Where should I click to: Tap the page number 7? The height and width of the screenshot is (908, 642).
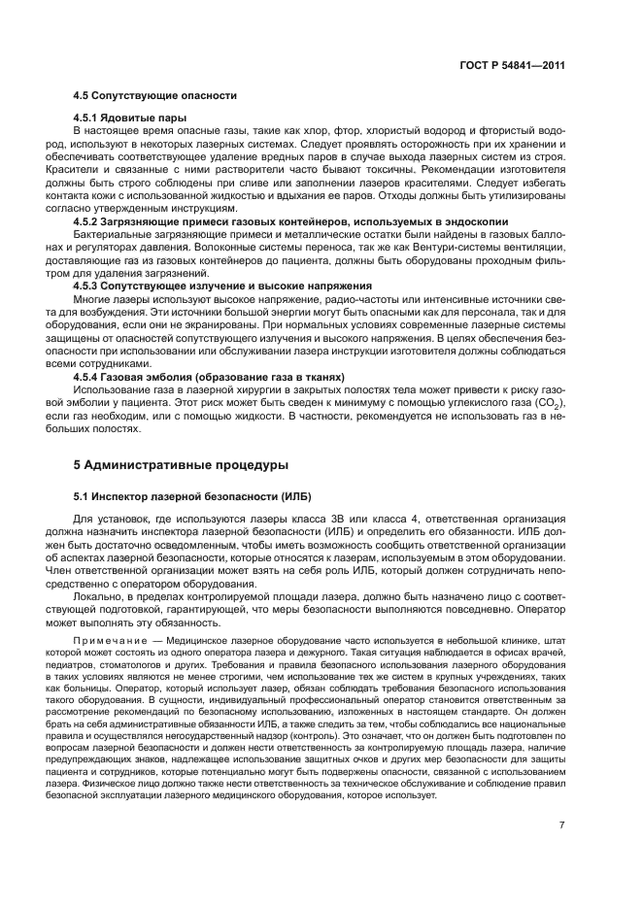click(562, 825)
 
